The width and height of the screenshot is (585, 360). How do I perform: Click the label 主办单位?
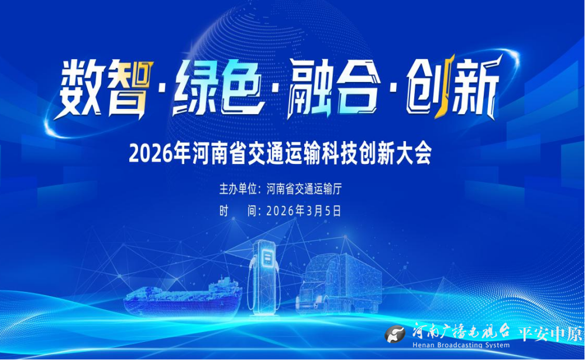tap(238, 189)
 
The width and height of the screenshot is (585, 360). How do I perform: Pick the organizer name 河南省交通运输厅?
tap(304, 189)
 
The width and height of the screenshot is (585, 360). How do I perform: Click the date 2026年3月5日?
tap(304, 211)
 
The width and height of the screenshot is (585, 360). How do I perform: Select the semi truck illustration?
tap(339, 283)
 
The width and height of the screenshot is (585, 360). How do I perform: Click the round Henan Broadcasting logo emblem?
tap(395, 334)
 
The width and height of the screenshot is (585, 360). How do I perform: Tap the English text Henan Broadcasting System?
tap(461, 345)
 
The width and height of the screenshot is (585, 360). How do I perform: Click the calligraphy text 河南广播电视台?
tap(461, 331)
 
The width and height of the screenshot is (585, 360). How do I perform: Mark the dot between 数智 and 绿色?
tap(162, 90)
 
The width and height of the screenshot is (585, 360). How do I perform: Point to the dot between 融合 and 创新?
tap(392, 90)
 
